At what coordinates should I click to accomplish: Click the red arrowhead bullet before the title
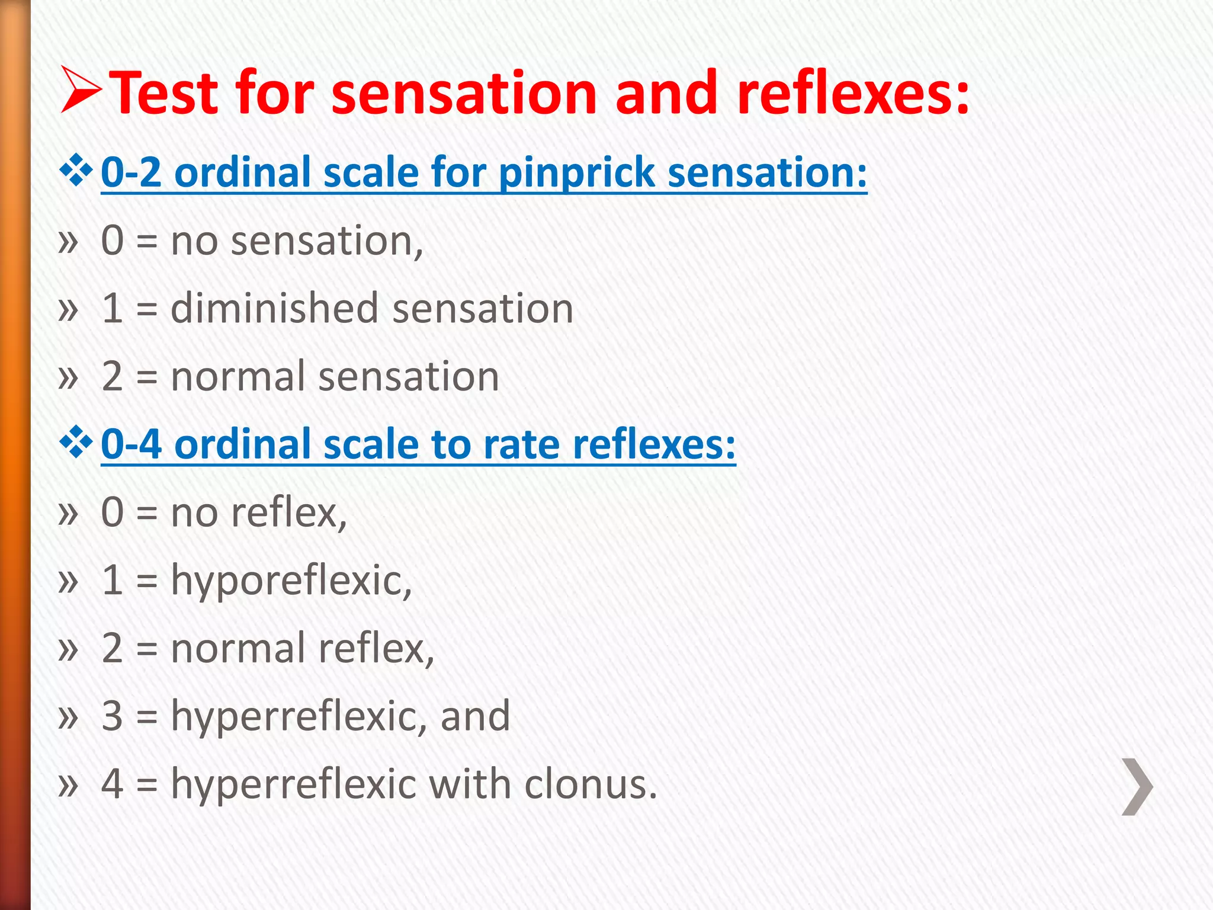point(82,90)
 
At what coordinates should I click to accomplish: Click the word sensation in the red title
point(463,94)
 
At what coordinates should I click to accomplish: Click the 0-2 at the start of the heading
point(131,172)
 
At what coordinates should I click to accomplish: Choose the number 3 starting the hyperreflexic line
point(112,716)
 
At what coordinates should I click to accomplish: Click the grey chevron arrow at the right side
point(1137,786)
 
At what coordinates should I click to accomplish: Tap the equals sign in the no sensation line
point(147,242)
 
